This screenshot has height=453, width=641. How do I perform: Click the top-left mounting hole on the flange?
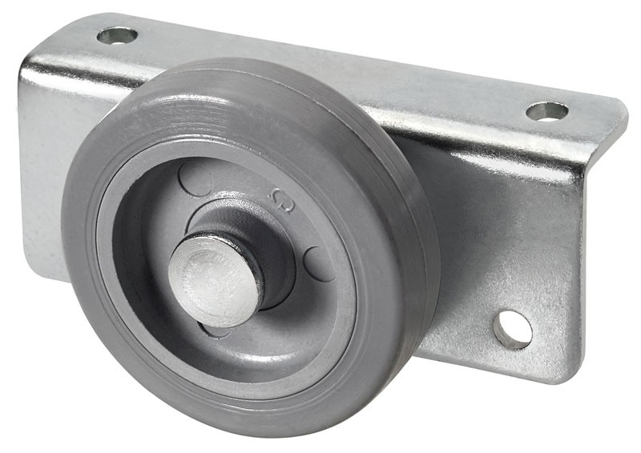[x=117, y=35]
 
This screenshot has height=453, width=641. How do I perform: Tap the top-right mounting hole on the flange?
[x=546, y=111]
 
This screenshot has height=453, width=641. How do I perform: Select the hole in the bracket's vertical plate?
[x=513, y=328]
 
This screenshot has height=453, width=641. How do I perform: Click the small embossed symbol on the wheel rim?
[x=280, y=198]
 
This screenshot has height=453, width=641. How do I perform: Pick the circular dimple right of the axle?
[x=319, y=263]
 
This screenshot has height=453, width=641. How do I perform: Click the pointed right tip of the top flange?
[x=625, y=106]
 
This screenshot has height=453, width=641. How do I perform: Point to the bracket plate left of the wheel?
[x=44, y=200]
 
